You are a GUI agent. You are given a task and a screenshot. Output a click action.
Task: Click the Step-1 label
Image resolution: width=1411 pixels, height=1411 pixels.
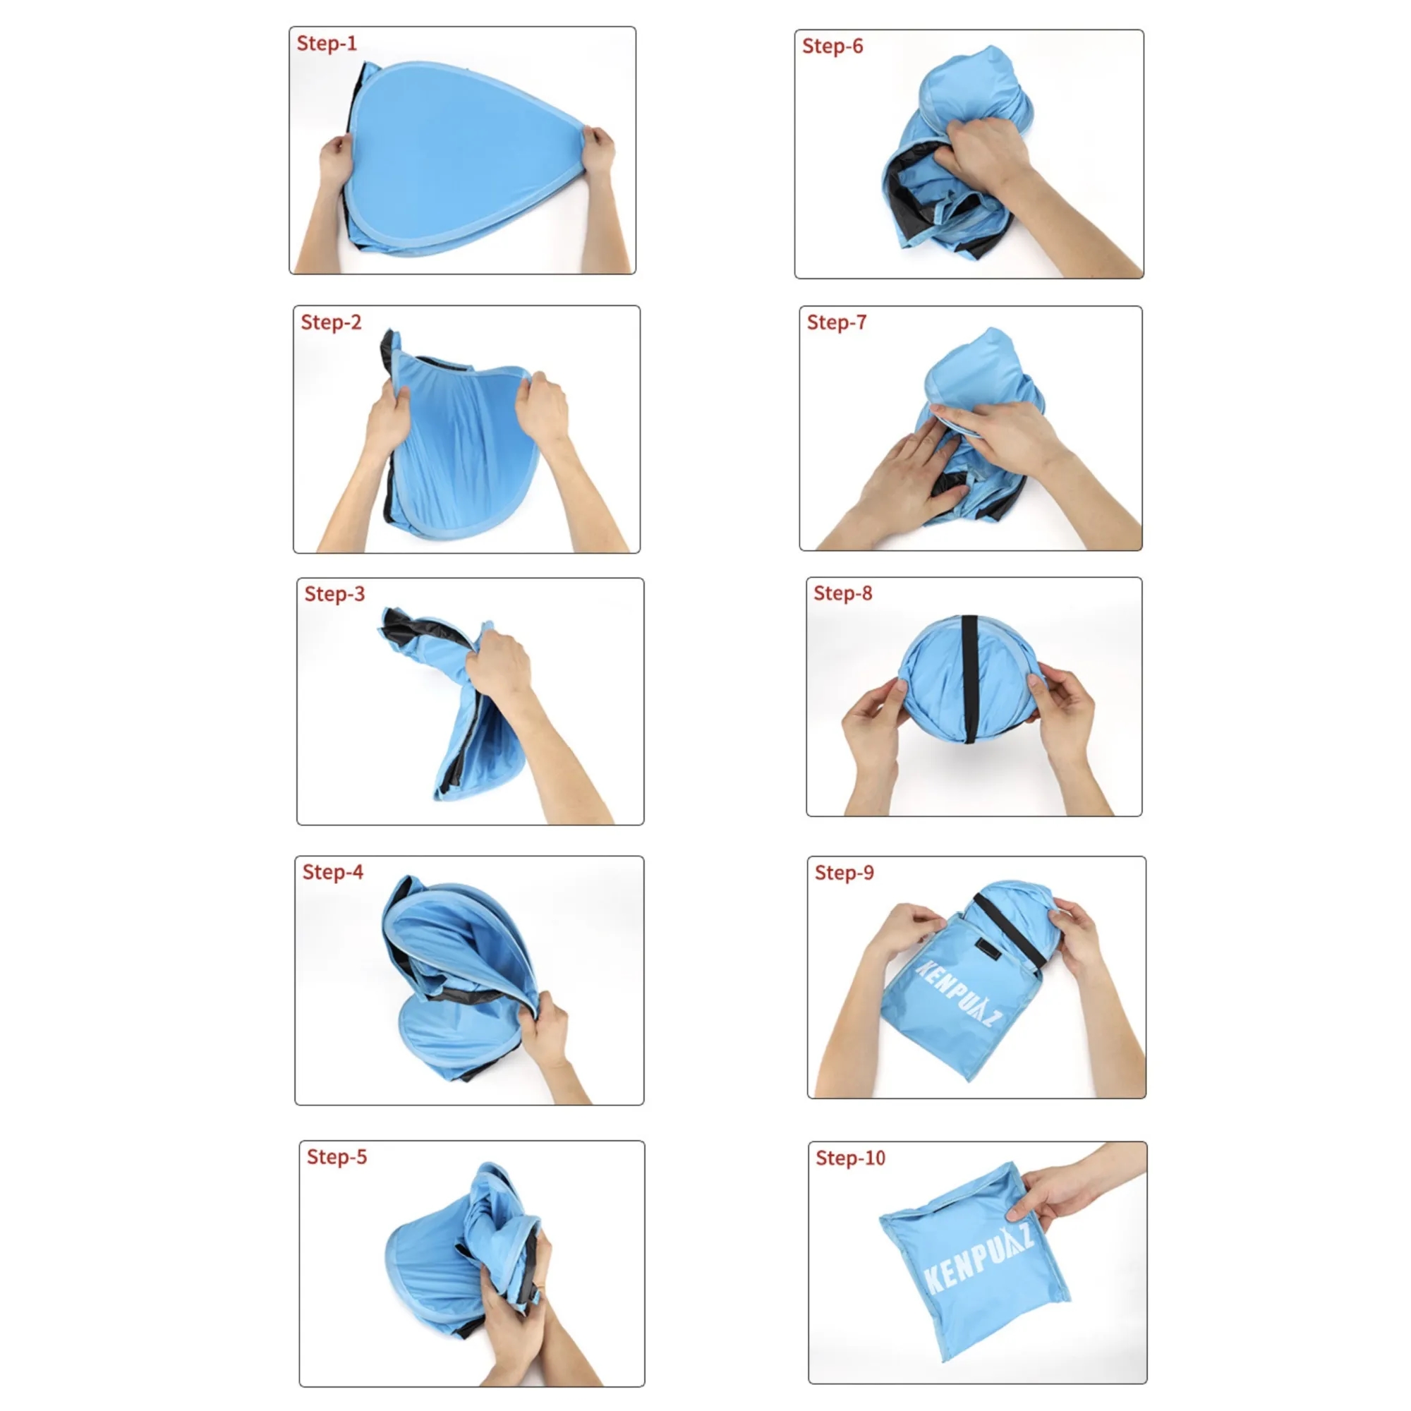coord(327,44)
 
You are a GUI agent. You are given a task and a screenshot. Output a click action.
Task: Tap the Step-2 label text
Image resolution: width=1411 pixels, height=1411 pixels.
coord(331,322)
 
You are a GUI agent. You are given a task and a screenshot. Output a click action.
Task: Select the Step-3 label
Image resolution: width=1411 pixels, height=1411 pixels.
coord(334,594)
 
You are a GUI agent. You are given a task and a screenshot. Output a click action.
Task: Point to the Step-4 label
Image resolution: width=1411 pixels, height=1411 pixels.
coord(332,872)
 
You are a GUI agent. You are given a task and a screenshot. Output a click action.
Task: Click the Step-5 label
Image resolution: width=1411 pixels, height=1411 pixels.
coord(337,1157)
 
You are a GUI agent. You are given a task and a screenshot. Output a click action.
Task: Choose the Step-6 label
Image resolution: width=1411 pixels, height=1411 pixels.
coord(832,46)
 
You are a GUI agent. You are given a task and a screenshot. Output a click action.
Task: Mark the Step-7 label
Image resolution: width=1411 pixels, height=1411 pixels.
coord(836,322)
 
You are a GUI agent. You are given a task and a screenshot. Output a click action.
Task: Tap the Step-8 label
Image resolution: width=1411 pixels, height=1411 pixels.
coord(843,593)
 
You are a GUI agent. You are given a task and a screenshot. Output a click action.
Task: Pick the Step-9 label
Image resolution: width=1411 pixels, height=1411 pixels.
coord(844,873)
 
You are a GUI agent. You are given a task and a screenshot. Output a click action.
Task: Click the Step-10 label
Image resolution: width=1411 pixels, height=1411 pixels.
coord(850,1158)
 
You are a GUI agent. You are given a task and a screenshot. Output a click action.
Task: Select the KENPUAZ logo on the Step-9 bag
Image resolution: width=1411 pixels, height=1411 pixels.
coord(958,992)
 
